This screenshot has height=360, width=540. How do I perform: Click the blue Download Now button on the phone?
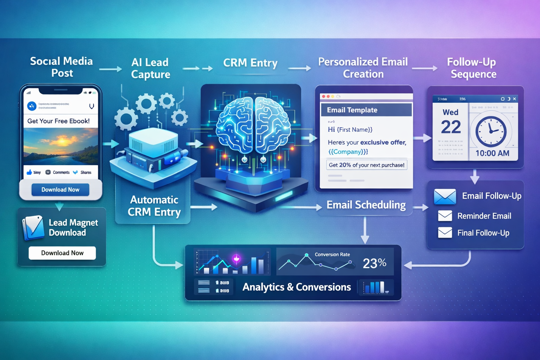(60, 189)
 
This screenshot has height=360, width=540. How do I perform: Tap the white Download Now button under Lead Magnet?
(62, 253)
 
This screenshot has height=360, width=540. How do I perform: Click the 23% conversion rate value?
(374, 263)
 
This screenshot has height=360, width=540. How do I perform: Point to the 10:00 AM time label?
(492, 153)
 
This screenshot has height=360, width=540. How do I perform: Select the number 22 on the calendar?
(451, 127)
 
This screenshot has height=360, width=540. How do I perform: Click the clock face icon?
(491, 131)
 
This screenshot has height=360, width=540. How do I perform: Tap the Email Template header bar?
(366, 110)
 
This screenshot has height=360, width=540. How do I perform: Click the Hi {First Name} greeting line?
(350, 129)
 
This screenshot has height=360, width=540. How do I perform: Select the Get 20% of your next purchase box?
(366, 165)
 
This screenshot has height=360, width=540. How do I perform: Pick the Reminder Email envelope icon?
(445, 216)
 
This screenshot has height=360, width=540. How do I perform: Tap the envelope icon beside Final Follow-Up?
(445, 232)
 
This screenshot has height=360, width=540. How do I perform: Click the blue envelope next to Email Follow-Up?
(445, 197)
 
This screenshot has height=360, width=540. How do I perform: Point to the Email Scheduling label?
(366, 205)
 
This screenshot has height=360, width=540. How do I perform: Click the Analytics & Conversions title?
(296, 287)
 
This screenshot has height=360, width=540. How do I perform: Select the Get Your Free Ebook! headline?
(59, 121)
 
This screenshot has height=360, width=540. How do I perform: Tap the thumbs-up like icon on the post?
(30, 172)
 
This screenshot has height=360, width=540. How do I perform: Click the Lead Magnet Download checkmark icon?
(34, 227)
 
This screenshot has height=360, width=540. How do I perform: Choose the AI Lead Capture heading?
(150, 68)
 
